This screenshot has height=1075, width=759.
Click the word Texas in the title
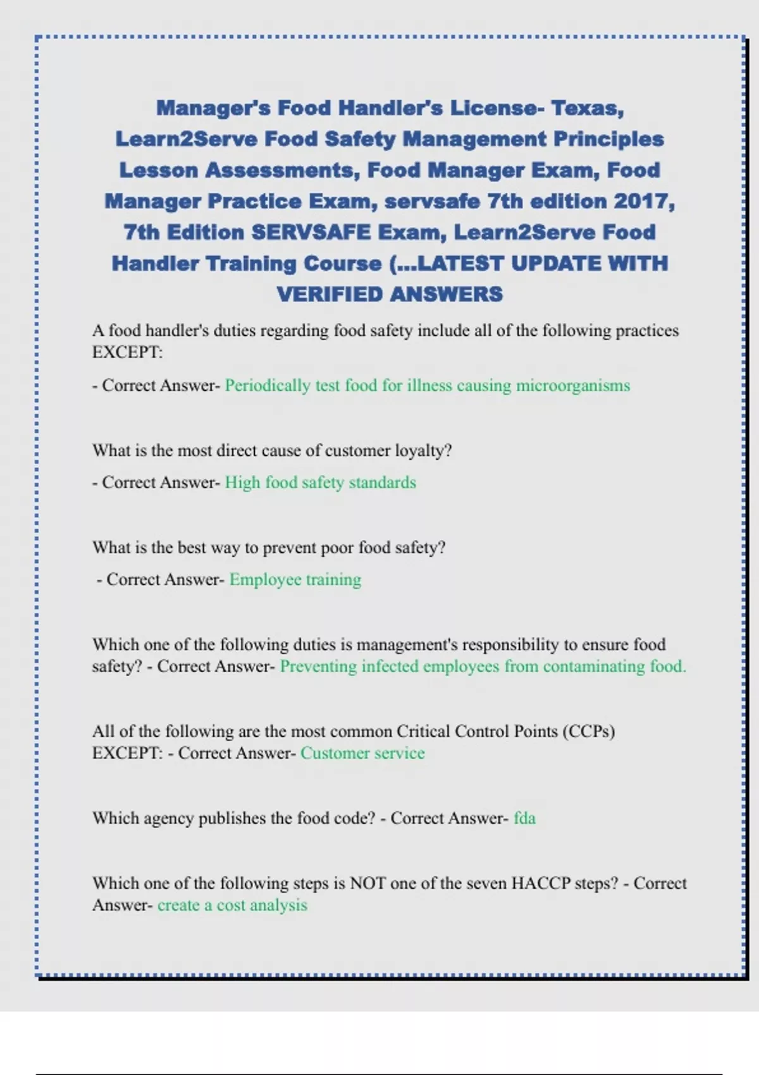click(588, 108)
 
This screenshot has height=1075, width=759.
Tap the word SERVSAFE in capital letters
click(311, 232)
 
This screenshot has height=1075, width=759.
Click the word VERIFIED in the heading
click(330, 294)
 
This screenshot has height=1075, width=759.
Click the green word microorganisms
click(573, 386)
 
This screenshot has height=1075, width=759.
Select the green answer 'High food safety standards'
click(321, 482)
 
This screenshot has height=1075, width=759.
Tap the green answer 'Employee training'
click(295, 580)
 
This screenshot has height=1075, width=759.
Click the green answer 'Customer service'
click(362, 753)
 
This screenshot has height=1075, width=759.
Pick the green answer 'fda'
click(524, 818)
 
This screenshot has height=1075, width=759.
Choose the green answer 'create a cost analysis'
click(232, 906)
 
